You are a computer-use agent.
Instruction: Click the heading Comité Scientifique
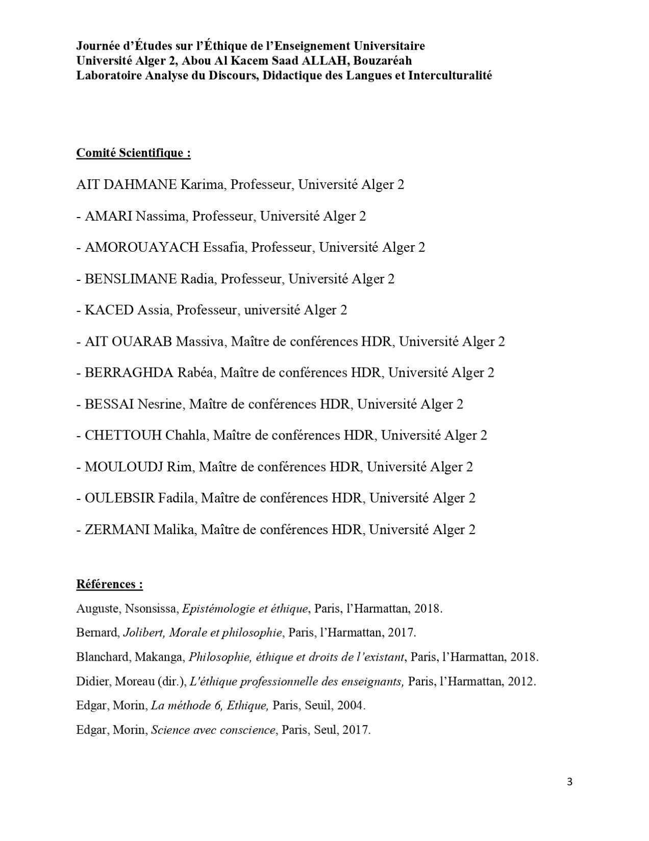coord(133,153)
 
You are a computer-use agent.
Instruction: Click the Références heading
coord(109,584)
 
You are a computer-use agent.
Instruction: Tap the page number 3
coord(570,782)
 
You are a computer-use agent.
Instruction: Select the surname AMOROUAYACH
coord(142,248)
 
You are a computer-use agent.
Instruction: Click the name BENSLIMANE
coord(131,279)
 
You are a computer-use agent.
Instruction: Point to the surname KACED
coord(109,310)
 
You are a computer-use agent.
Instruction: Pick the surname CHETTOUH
coord(123,436)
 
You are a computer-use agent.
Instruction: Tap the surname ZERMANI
coord(117,530)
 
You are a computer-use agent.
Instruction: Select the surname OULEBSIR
coord(119,498)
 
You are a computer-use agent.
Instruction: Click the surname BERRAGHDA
coord(129,373)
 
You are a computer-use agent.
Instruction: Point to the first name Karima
coord(202,185)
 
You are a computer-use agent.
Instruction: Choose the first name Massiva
coord(199,342)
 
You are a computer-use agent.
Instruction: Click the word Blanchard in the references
coord(103,657)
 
